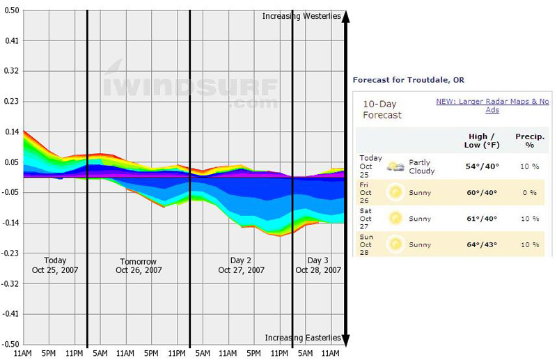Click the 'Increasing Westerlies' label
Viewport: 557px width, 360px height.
[302, 16]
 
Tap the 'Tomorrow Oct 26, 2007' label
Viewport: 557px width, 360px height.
[139, 265]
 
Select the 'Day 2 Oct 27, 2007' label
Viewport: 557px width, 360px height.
[241, 265]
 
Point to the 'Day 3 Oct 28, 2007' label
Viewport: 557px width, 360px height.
[318, 265]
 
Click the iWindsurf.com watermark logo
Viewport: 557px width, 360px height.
[191, 87]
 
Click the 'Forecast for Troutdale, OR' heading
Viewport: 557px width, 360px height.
[409, 80]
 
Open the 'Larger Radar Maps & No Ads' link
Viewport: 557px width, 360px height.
[492, 106]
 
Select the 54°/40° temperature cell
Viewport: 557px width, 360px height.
[480, 167]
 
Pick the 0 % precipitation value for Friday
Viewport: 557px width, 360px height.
[530, 192]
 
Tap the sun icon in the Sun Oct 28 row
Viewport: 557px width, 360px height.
[396, 244]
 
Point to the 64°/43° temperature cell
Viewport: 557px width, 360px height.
[480, 244]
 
